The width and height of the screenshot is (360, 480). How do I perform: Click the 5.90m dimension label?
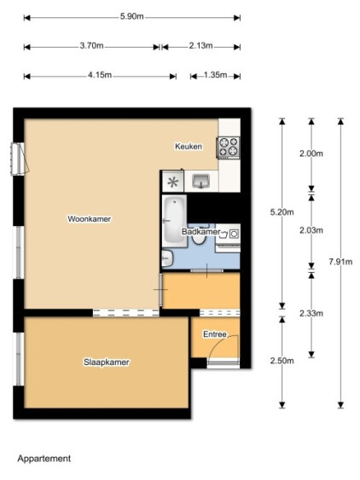click(131, 16)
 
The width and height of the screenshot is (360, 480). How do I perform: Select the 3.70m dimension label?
click(91, 46)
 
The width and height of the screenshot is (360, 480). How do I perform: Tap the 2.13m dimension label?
click(200, 46)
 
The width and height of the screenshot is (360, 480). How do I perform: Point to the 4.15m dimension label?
click(100, 75)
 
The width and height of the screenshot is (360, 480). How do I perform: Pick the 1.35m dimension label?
click(215, 75)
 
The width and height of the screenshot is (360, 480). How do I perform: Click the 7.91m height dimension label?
click(340, 262)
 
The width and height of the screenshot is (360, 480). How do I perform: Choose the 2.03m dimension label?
click(311, 230)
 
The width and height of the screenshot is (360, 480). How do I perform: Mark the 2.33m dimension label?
click(311, 313)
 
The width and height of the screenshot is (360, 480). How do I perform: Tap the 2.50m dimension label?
click(282, 361)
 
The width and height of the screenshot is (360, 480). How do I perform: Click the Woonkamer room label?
click(90, 219)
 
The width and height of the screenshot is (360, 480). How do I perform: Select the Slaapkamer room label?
click(107, 362)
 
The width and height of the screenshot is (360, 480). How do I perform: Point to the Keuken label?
click(189, 147)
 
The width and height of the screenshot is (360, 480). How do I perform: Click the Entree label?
click(215, 334)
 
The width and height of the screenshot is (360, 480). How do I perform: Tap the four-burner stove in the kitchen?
click(229, 147)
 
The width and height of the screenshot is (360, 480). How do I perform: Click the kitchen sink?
click(201, 181)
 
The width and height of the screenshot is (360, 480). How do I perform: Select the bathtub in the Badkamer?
click(174, 221)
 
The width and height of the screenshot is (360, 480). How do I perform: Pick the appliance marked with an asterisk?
click(173, 182)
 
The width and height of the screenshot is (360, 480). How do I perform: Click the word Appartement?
click(44, 459)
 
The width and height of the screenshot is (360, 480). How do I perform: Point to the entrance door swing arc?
click(221, 342)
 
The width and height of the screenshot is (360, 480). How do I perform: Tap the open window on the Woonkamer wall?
click(19, 159)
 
